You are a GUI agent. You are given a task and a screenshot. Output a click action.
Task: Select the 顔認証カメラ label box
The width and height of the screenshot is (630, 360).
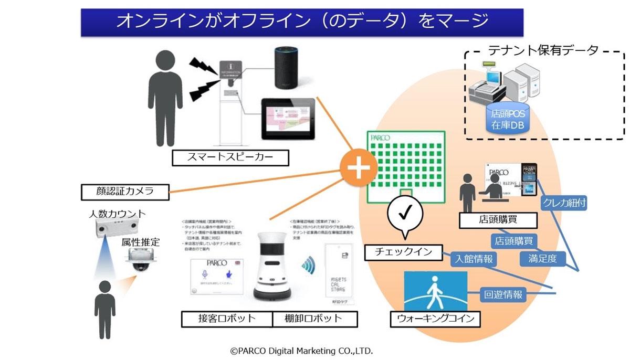pos(125,192)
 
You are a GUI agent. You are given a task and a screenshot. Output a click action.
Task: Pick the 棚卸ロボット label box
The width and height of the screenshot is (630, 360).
pos(315,319)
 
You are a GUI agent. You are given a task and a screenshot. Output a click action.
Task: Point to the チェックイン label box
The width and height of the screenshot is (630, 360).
pos(403,252)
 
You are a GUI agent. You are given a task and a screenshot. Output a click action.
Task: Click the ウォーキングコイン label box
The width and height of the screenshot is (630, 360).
pos(436,319)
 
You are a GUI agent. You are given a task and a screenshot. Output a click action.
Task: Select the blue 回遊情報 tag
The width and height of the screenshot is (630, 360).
pos(502,294)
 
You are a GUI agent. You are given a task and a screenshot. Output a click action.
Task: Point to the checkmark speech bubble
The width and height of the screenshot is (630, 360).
pos(404,215)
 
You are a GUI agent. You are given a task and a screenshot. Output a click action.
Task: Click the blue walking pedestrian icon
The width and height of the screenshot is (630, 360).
pos(435,291)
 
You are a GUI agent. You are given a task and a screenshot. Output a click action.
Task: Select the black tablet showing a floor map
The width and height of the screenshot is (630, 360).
pos(288,119)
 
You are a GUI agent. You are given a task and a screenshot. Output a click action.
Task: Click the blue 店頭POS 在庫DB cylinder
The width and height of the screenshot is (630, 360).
pos(507,118)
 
